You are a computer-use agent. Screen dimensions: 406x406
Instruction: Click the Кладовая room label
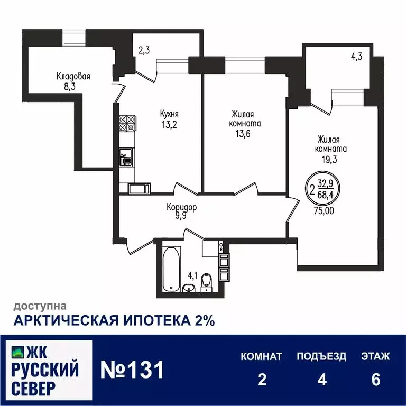tap(73, 76)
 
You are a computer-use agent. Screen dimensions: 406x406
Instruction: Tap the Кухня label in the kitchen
tap(169, 113)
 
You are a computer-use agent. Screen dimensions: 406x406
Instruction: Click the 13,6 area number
tap(246, 134)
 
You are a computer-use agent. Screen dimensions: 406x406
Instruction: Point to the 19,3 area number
tap(332, 159)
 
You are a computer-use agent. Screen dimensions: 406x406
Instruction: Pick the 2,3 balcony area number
tap(144, 51)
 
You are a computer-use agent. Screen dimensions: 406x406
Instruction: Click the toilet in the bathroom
tap(207, 281)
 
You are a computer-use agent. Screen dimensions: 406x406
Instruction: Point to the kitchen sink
tap(126, 155)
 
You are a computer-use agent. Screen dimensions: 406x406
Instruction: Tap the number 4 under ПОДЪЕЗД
tap(321, 380)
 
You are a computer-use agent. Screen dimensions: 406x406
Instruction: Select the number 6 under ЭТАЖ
tap(376, 380)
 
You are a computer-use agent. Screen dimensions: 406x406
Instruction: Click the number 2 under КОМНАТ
tap(261, 380)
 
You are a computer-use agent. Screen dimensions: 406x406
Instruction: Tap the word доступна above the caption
tap(40, 306)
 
